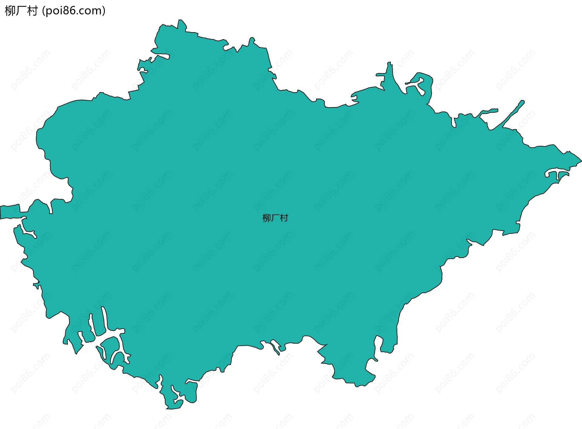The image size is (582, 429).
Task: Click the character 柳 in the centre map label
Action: point(266,218)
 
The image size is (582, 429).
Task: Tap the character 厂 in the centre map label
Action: point(275,218)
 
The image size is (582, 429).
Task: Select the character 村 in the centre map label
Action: point(284,218)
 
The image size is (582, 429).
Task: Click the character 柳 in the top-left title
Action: point(10,11)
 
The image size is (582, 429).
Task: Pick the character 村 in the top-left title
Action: point(32,11)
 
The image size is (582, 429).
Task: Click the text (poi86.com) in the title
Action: point(74,11)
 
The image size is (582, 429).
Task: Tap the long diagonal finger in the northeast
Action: point(512,114)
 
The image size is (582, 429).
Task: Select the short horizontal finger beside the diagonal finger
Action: point(489,111)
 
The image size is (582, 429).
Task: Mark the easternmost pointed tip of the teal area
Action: point(580,160)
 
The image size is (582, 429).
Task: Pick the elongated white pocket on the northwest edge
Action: point(161,56)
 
